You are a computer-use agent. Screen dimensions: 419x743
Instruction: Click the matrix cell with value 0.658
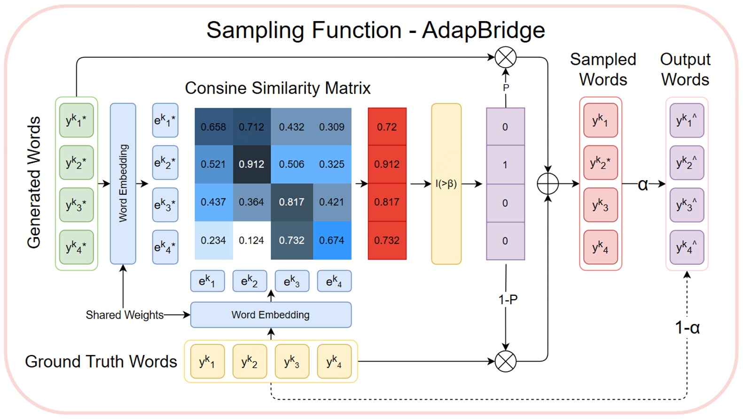click(x=213, y=127)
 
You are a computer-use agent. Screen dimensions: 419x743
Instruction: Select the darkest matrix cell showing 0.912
click(x=251, y=164)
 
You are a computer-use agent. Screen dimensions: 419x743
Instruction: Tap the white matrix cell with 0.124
click(x=251, y=240)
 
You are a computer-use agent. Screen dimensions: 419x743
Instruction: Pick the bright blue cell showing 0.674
click(x=332, y=240)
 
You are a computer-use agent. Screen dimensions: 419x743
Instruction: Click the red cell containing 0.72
click(x=387, y=127)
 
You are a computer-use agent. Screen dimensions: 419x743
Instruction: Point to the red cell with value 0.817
click(x=387, y=202)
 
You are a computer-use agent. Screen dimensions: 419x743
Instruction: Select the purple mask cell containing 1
click(x=505, y=165)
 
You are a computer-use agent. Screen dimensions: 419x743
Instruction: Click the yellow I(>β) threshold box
click(x=446, y=184)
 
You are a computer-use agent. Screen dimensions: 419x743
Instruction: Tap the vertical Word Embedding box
click(x=123, y=183)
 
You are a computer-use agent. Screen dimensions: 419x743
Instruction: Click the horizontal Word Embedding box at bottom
click(x=271, y=315)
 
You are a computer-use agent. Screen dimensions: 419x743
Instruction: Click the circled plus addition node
click(x=548, y=184)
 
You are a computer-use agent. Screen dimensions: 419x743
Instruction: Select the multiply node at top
click(x=506, y=58)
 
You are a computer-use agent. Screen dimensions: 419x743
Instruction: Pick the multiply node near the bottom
click(x=506, y=361)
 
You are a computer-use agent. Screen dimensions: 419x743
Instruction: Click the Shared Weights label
click(x=125, y=315)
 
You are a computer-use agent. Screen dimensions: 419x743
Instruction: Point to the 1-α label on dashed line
click(x=687, y=328)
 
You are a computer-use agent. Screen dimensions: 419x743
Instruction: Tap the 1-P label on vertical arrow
click(x=508, y=300)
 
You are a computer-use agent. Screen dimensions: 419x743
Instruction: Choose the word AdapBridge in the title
click(x=483, y=31)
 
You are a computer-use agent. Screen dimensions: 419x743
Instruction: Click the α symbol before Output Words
click(x=643, y=184)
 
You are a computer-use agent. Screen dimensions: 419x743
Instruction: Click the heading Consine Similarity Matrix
click(x=277, y=88)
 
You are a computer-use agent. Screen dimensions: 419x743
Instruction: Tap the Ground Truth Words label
click(x=101, y=361)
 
